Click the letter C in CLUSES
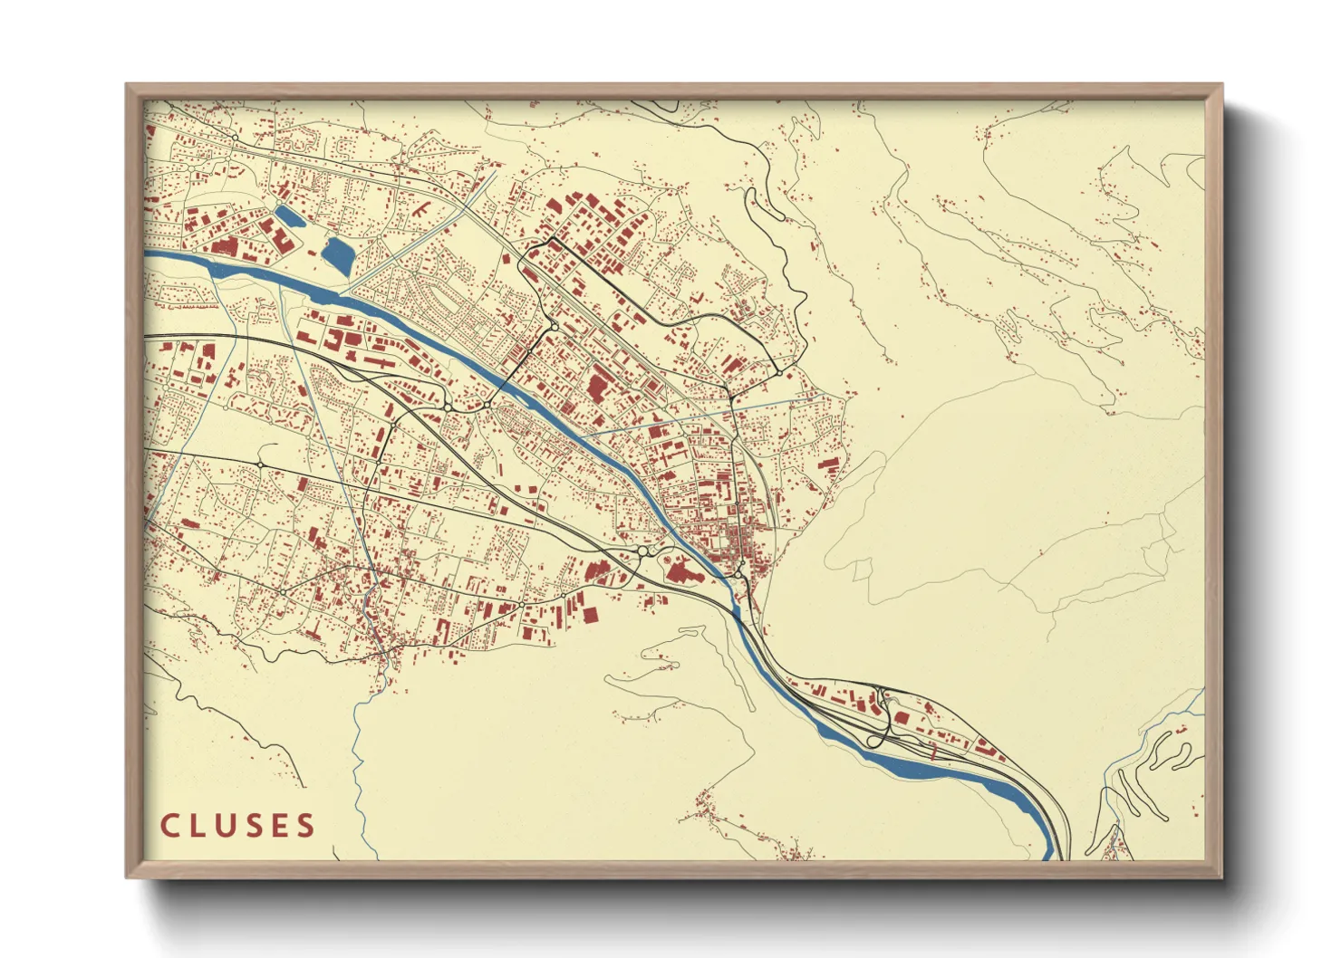[169, 826]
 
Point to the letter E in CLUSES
[280, 826]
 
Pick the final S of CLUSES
[306, 826]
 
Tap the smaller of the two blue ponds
[289, 216]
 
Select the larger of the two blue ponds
[338, 254]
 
